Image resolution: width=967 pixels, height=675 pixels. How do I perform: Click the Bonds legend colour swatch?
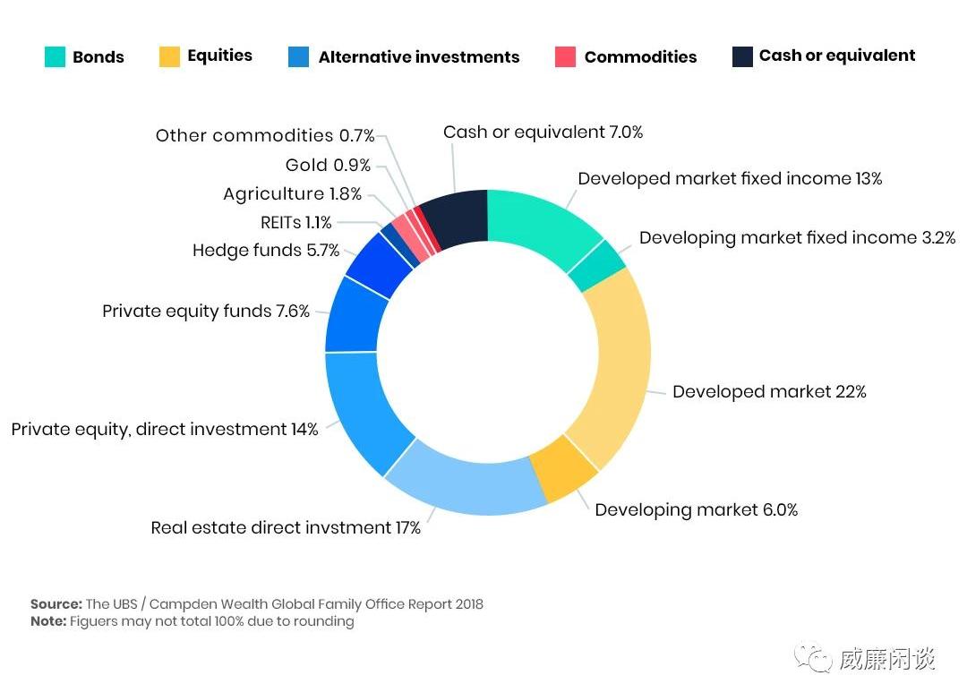click(55, 57)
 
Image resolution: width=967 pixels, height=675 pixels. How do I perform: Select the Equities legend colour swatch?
click(169, 56)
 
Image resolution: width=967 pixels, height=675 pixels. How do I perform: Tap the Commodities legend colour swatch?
click(565, 57)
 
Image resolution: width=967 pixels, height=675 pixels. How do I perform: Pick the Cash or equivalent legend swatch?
click(742, 56)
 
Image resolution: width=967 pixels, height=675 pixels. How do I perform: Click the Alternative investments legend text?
click(418, 57)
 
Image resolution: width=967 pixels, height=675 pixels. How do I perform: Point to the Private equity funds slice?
click(355, 314)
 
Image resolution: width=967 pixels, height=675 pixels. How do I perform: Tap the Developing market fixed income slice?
click(596, 266)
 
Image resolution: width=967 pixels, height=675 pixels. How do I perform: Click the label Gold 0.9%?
click(328, 166)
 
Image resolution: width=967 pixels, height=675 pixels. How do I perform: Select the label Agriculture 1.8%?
click(292, 194)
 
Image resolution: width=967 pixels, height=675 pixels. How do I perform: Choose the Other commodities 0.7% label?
click(265, 136)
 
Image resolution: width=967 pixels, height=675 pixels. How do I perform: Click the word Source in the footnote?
click(56, 604)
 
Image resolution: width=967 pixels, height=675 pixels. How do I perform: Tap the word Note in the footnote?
click(48, 621)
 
